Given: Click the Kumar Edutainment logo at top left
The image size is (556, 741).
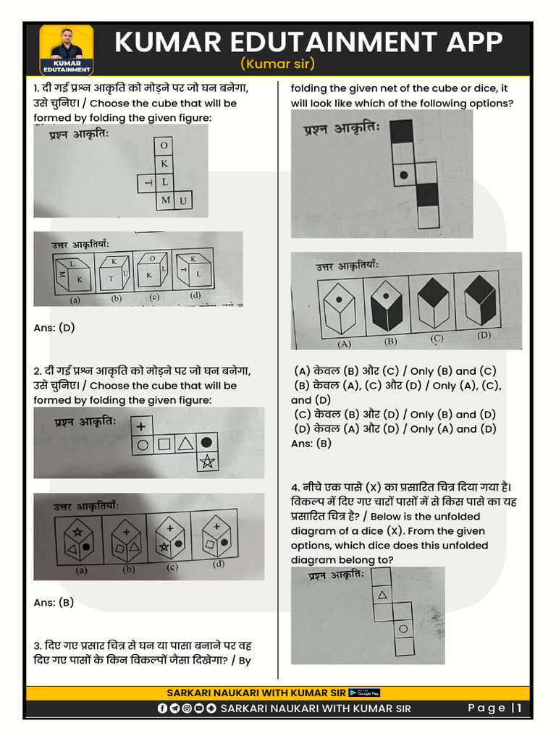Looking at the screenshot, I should coord(67,50).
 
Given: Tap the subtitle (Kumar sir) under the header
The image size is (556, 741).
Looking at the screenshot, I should coord(279,64).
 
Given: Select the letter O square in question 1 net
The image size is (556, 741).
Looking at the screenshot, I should coord(164,145).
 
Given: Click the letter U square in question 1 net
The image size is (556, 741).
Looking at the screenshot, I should coord(183,200).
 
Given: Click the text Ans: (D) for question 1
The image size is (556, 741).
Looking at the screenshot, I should coord(54,328).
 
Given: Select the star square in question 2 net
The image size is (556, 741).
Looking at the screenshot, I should coord(208,463).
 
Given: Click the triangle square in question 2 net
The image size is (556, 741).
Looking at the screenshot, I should coord(185,444).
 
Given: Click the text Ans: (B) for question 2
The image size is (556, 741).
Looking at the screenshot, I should coord(54,603).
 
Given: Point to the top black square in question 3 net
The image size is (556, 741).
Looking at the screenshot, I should coord(402,132).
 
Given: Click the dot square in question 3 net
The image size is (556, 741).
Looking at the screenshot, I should coord(403,174).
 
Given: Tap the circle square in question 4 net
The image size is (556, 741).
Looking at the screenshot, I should coord(403,629).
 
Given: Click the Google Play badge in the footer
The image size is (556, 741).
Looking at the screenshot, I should coord(364,693).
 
